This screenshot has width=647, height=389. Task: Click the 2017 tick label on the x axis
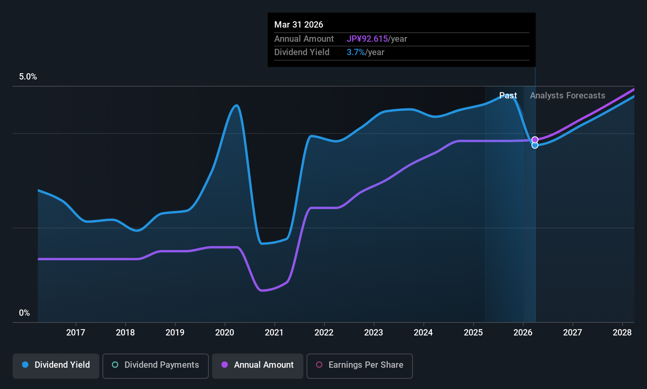pyautogui.click(x=76, y=332)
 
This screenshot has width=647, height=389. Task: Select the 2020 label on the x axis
pyautogui.click(x=225, y=332)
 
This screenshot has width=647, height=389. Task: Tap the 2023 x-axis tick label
pyautogui.click(x=374, y=332)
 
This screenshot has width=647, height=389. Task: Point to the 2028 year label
pyautogui.click(x=622, y=332)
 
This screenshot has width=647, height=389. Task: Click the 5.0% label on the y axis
pyautogui.click(x=28, y=77)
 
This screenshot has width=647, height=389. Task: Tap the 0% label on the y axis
pyautogui.click(x=24, y=313)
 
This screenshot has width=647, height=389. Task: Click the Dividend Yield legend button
pyautogui.click(x=56, y=366)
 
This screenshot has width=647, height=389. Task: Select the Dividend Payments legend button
pyautogui.click(x=155, y=366)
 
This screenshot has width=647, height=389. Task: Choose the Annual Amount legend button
pyautogui.click(x=258, y=366)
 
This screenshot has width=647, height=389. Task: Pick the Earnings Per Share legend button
pyautogui.click(x=360, y=366)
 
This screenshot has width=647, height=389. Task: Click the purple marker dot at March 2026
pyautogui.click(x=535, y=140)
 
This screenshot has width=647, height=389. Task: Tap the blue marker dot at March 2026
pyautogui.click(x=535, y=145)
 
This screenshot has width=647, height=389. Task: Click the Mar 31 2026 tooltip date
pyautogui.click(x=299, y=25)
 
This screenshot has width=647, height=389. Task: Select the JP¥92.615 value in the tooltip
pyautogui.click(x=367, y=39)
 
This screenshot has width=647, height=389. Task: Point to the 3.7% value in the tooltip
pyautogui.click(x=355, y=52)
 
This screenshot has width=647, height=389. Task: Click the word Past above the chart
pyautogui.click(x=508, y=96)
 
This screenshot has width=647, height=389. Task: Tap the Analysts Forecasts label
pyautogui.click(x=567, y=96)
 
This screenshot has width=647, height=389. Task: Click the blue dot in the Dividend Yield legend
pyautogui.click(x=26, y=365)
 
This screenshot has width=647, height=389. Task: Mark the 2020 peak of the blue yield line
pyautogui.click(x=236, y=106)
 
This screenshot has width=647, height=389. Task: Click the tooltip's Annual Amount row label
pyautogui.click(x=304, y=39)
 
